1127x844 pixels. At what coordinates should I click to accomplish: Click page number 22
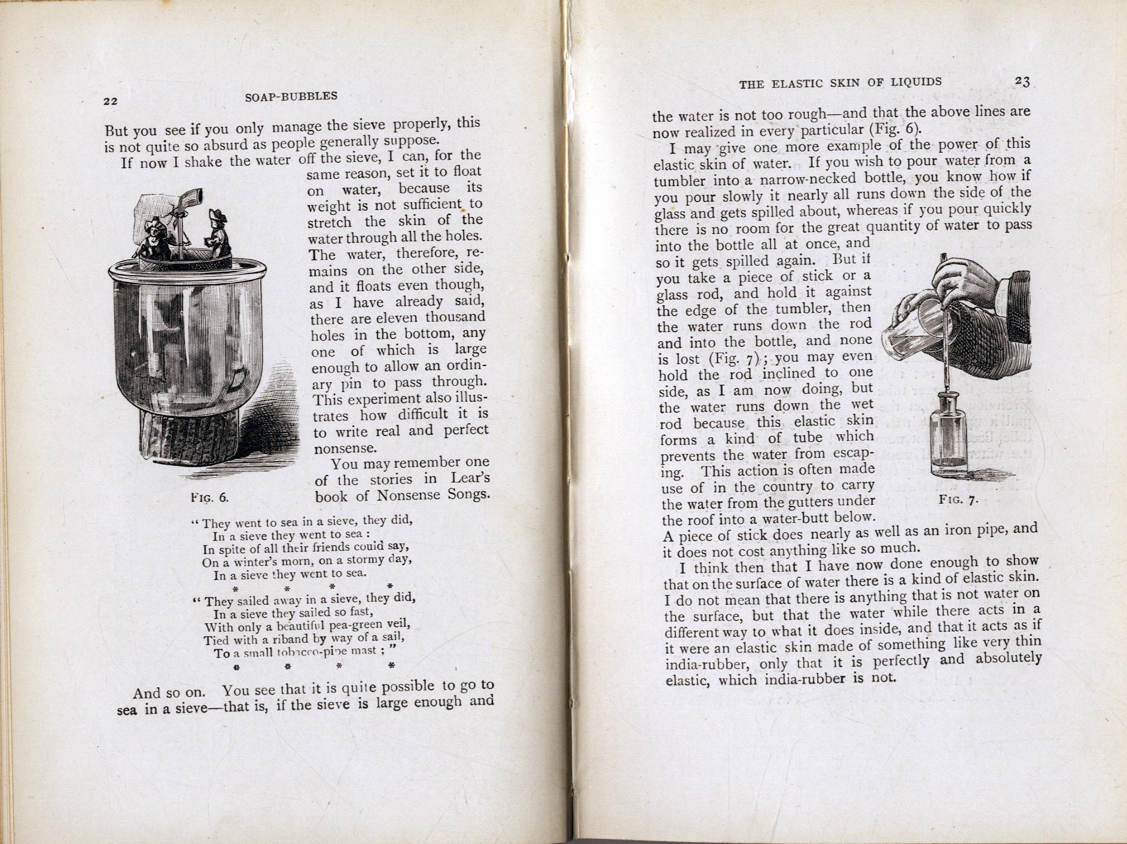110,101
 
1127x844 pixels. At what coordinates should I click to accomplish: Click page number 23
1022,82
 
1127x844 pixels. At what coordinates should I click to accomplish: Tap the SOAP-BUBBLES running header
291,96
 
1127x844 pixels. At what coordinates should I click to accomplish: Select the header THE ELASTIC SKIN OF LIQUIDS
840,83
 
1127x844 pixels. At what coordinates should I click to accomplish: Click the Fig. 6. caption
209,497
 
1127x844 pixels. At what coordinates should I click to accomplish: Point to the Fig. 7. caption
958,499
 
